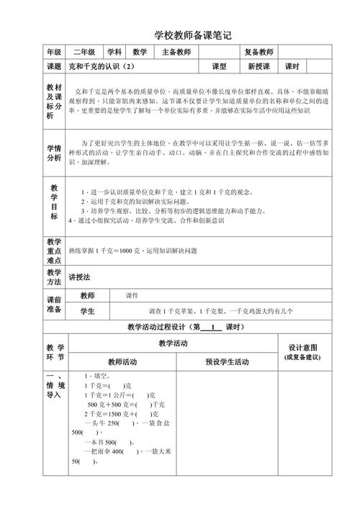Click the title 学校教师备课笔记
193,35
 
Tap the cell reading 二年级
84,52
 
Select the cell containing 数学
140,52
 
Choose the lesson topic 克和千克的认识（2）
101,67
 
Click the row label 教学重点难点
54,251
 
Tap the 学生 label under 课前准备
87,311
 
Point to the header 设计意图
303,347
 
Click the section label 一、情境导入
54,386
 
